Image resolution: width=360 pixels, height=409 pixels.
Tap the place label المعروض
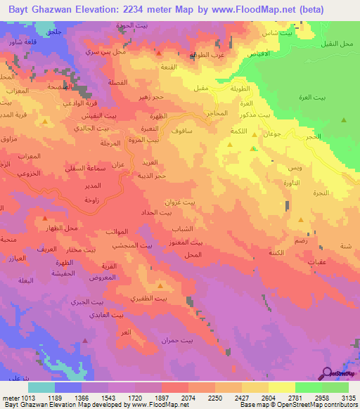point(103,277)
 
